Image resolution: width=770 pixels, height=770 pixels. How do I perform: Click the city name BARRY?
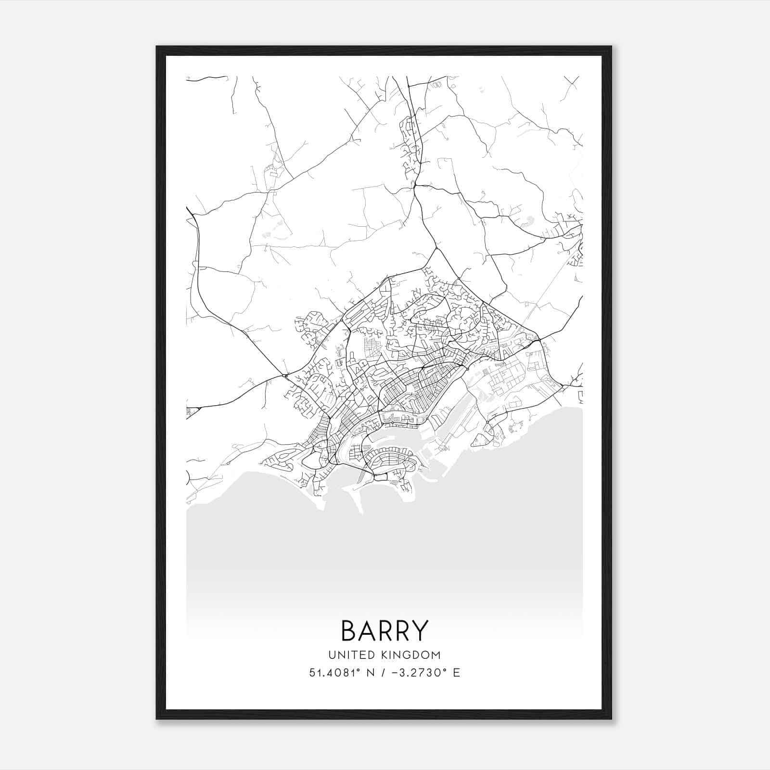385,630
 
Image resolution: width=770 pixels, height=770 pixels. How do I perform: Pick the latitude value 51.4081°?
334,672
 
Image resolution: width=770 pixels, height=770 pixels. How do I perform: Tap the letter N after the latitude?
371,672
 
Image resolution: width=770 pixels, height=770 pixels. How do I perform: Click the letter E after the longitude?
456,672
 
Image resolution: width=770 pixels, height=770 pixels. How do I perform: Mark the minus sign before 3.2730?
396,673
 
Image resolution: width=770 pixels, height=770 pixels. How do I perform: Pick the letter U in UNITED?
332,655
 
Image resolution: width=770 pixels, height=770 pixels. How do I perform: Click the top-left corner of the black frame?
157,47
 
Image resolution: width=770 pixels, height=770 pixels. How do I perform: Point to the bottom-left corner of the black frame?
157,719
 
